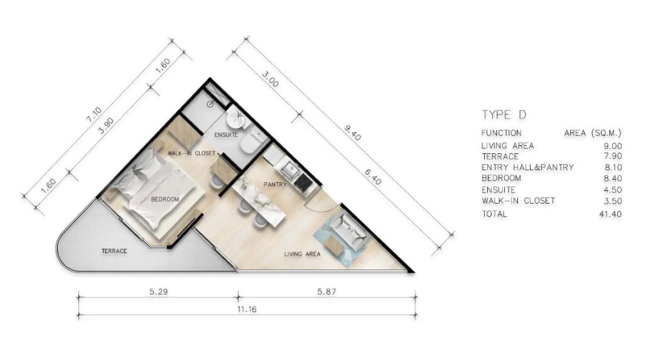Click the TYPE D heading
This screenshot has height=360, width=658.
coord(504,115)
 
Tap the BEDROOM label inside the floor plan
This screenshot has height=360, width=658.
coord(165,199)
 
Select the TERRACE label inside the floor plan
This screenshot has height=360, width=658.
coord(114,251)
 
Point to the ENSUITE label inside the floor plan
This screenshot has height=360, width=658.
coord(226,135)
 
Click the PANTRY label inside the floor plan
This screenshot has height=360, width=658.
coord(275,185)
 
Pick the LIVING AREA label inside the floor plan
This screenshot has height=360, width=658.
coord(302,254)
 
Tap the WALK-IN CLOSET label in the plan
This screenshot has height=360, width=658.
coord(191,153)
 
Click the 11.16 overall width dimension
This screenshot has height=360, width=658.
coord(247,309)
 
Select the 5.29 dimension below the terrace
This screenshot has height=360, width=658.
coord(159,291)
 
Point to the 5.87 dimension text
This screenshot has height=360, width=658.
coord(326,291)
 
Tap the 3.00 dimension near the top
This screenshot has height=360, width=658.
coord(270,79)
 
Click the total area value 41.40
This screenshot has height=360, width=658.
coord(610,214)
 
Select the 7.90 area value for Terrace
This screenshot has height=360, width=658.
coord(612,156)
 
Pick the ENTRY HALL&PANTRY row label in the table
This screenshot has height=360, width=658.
coord(527,167)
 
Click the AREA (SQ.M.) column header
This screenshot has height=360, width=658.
coord(593,133)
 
